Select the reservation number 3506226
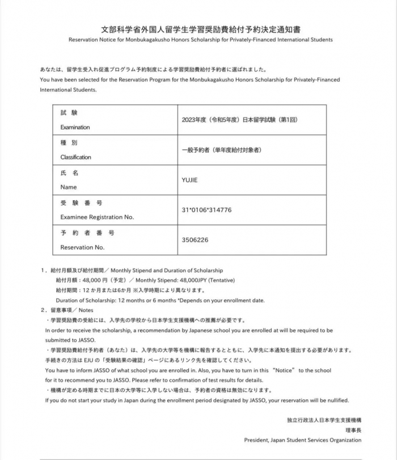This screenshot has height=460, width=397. tap(195, 240)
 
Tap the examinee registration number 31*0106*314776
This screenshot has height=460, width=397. tap(206, 210)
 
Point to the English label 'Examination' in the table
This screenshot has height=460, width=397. tap(75, 127)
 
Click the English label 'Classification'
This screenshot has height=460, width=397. tap(75, 157)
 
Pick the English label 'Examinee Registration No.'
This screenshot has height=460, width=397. tap(97, 217)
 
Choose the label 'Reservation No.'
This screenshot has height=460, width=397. tap(82, 247)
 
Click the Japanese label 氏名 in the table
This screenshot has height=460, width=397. tap(69, 172)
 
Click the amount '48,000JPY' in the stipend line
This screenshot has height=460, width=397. tap(192, 280)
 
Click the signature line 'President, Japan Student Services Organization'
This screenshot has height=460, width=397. tap(302, 440)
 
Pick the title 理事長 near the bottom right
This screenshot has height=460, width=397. tap(351, 430)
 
